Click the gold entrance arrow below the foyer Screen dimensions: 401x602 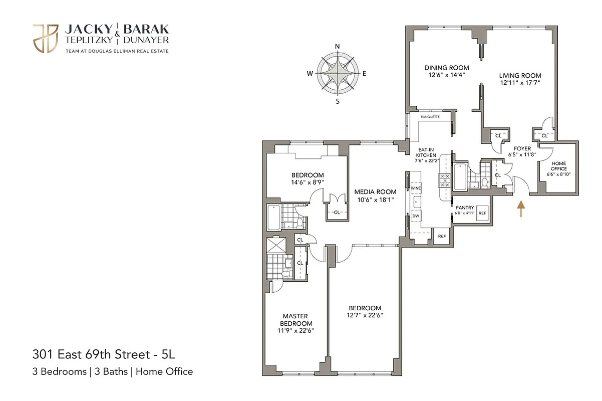click(x=521, y=209)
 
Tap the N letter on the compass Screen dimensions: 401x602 click(x=338, y=47)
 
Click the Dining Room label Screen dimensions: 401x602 click(x=447, y=68)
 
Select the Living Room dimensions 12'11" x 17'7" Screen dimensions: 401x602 click(x=520, y=83)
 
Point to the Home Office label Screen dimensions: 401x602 click(x=559, y=166)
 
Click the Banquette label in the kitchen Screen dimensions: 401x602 click(x=430, y=116)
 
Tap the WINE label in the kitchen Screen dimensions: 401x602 click(x=415, y=188)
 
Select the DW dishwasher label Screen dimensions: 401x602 click(x=415, y=216)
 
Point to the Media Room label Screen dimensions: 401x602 click(x=375, y=191)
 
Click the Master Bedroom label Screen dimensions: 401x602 click(x=294, y=319)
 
